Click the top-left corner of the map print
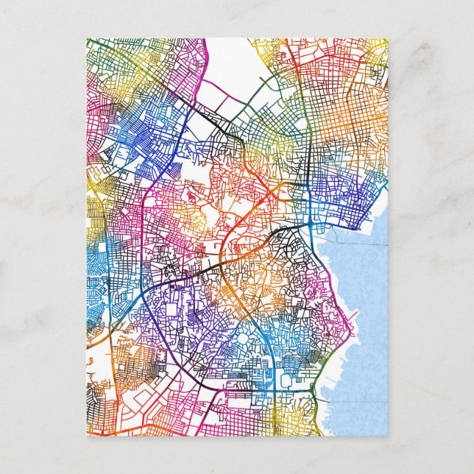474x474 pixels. [x=87, y=39]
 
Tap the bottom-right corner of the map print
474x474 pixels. [x=387, y=435]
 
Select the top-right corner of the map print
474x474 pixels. [x=387, y=39]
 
